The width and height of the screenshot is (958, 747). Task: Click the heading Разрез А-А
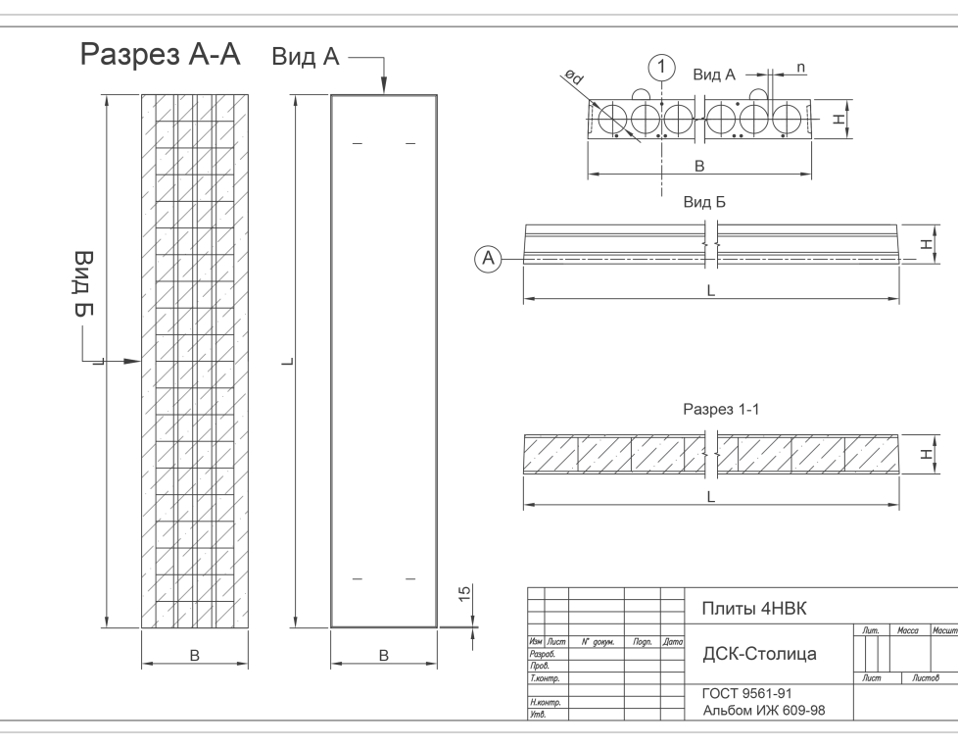tap(160, 55)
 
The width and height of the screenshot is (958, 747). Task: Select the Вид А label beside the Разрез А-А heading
tap(305, 58)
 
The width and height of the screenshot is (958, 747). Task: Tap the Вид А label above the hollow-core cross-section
tap(714, 75)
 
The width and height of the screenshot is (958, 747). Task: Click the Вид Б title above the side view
tap(704, 203)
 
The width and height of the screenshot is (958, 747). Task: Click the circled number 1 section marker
tap(663, 68)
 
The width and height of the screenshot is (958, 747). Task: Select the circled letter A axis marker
tap(489, 258)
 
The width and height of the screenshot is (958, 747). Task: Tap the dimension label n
tap(801, 68)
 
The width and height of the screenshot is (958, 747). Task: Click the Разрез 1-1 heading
tap(720, 409)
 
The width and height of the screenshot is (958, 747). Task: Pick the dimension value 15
tap(466, 593)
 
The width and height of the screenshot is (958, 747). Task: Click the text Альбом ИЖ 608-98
tap(764, 710)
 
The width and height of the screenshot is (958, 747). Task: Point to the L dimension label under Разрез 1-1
tap(711, 497)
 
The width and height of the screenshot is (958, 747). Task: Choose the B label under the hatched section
tap(194, 656)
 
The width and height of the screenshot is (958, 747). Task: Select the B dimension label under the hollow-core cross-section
tap(698, 167)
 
